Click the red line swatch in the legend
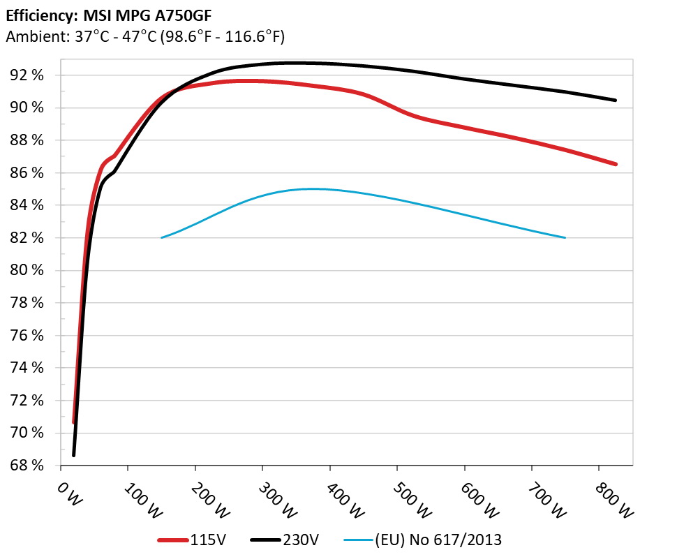click(x=173, y=540)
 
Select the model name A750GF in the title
click(x=179, y=14)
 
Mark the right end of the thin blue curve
click(x=565, y=238)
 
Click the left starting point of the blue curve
click(x=162, y=238)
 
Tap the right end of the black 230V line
click(x=616, y=101)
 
